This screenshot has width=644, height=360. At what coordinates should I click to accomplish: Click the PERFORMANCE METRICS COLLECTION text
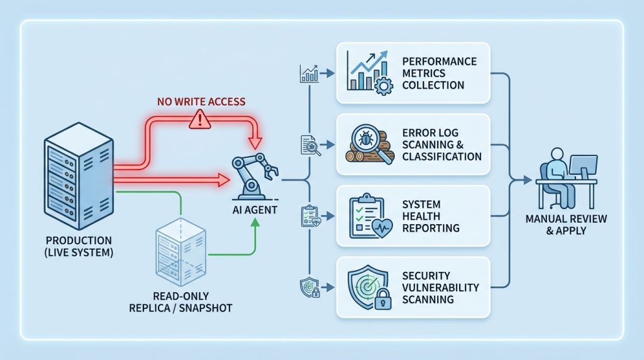pos(440,73)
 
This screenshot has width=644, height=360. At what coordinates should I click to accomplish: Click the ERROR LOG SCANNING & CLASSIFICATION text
pos(441,145)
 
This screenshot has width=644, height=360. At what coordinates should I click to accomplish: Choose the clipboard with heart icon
pos(370,216)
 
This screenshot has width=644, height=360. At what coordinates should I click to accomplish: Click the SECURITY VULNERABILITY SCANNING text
pos(440,288)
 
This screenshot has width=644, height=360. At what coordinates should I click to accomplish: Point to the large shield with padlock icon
pos(370,287)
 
